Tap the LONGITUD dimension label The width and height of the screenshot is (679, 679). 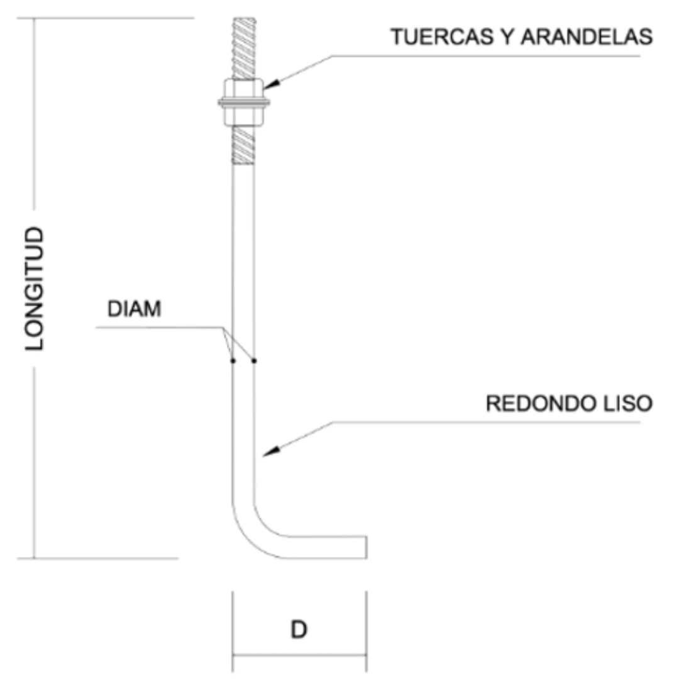[x=35, y=288]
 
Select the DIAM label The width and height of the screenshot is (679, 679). [x=135, y=309]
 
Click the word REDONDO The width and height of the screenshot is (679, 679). [x=537, y=403]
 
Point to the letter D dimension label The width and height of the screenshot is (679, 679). [x=299, y=629]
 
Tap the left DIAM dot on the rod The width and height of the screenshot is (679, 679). [x=233, y=361]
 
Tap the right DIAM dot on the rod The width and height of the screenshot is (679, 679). [x=254, y=361]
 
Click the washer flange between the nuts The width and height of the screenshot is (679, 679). [x=244, y=101]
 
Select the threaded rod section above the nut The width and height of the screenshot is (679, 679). [x=244, y=48]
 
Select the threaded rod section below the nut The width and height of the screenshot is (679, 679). [x=244, y=145]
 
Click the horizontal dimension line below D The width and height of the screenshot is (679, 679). [x=299, y=656]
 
